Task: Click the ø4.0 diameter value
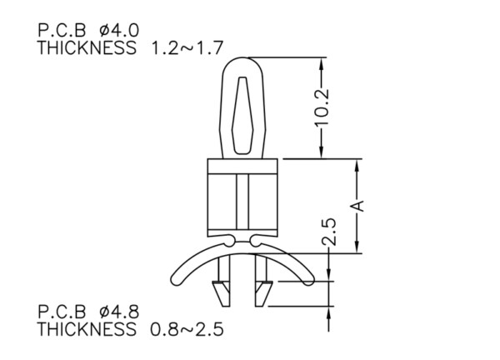[x=119, y=31]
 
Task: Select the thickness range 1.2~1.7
[x=187, y=48]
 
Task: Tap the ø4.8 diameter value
[x=119, y=312]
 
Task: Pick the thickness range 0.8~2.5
[x=187, y=329]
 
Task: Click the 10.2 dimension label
[x=322, y=107]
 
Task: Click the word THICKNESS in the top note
[x=87, y=48]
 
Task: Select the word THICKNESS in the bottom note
[x=87, y=329]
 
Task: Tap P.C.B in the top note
[x=62, y=31]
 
